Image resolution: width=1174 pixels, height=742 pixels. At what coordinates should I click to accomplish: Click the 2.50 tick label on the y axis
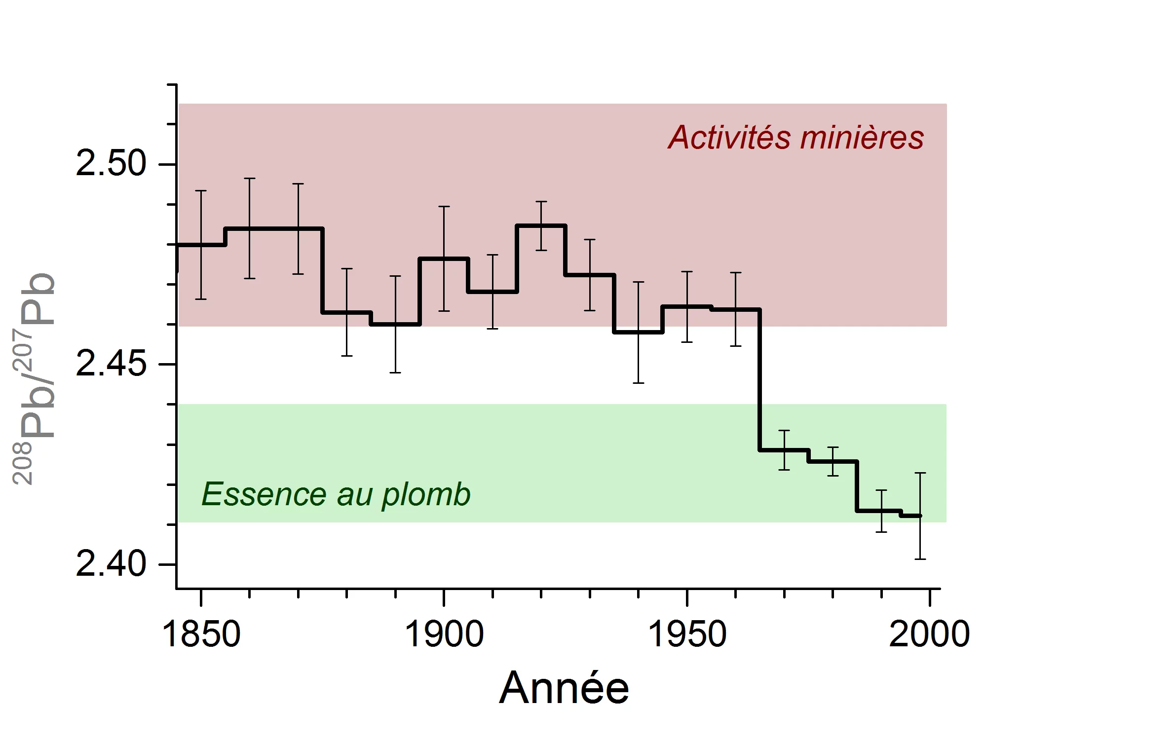point(111,164)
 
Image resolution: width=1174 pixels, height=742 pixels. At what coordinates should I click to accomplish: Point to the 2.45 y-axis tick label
point(111,365)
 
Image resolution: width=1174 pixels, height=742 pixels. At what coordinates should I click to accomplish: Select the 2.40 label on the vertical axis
point(111,564)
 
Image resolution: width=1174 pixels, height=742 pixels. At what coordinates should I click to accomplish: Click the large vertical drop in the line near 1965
point(760,380)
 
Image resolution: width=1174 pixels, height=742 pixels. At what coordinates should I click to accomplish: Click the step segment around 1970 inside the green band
point(784,450)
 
